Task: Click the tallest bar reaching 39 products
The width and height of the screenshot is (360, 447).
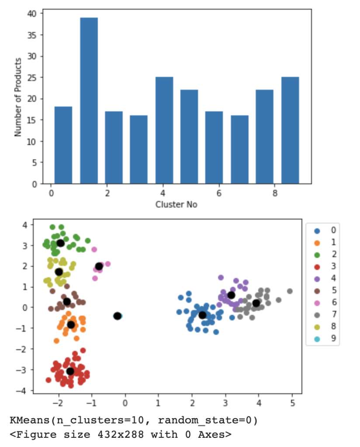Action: click(89, 100)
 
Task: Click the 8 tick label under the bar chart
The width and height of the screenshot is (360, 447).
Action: click(275, 193)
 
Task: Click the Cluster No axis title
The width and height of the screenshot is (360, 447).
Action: click(176, 204)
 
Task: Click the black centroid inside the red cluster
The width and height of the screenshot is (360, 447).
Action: click(70, 371)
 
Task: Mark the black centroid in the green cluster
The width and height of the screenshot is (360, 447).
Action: click(60, 243)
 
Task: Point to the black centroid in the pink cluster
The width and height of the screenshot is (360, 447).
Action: click(99, 266)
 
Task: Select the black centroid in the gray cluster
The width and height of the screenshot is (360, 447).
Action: click(256, 303)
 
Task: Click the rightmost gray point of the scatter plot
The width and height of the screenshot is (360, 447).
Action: click(289, 291)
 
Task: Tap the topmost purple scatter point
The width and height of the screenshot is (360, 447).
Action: click(221, 278)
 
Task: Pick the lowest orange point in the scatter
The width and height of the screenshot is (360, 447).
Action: click(56, 340)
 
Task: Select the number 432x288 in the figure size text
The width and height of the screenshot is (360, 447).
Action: click(151, 434)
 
